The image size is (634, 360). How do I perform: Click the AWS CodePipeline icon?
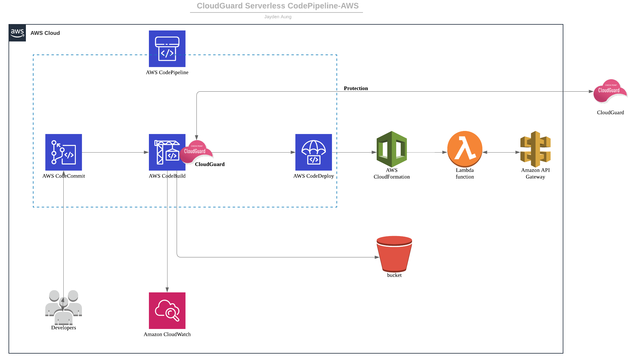click(167, 49)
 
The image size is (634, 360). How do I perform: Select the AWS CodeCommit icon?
click(63, 152)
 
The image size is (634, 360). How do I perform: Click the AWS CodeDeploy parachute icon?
click(313, 152)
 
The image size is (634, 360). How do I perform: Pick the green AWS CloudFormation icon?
click(392, 149)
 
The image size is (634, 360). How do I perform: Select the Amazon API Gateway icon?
click(535, 149)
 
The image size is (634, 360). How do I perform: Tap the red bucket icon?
click(394, 254)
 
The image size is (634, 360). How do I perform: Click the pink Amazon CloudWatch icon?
click(167, 311)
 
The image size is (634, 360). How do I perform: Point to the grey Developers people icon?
click(63, 307)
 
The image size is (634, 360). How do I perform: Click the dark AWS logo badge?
click(17, 33)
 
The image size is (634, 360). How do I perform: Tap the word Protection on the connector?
click(356, 88)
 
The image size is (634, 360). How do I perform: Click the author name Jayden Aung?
click(278, 17)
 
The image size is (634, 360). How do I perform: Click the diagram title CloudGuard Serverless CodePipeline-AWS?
click(277, 6)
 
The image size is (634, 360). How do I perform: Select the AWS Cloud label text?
click(45, 33)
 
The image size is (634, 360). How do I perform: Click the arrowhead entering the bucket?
click(377, 257)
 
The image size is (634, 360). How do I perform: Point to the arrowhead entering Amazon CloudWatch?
click(167, 290)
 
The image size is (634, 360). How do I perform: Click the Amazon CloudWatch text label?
click(167, 334)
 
